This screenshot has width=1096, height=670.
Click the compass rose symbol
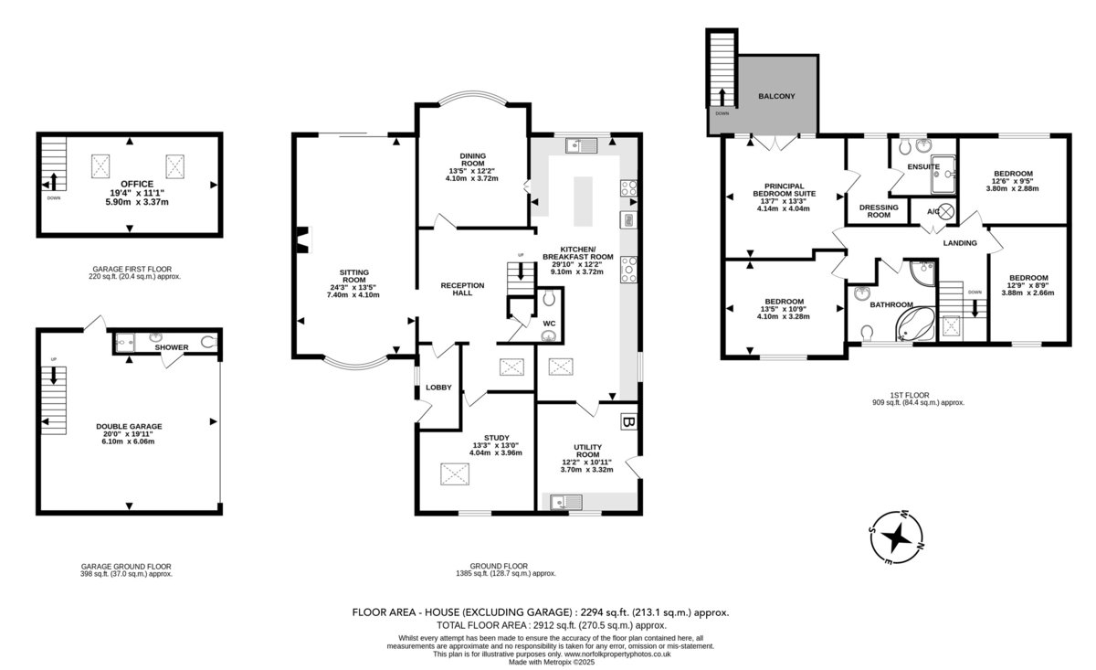897,537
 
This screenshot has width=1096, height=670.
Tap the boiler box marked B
629,421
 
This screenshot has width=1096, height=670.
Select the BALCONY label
776,96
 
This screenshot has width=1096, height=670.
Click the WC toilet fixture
549,297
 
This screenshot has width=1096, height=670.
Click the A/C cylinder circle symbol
947,211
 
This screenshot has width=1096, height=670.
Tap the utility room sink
566,502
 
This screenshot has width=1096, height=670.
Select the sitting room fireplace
304,240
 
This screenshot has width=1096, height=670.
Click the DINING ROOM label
473,160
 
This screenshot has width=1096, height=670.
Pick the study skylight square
455,474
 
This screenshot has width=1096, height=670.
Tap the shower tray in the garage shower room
124,343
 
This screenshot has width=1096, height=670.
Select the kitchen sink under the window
581,145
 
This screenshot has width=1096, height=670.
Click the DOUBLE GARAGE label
129,427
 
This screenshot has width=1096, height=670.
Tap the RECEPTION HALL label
462,289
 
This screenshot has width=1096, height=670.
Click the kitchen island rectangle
583,201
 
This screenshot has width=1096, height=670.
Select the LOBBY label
438,388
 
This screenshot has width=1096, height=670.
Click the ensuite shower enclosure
943,175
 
